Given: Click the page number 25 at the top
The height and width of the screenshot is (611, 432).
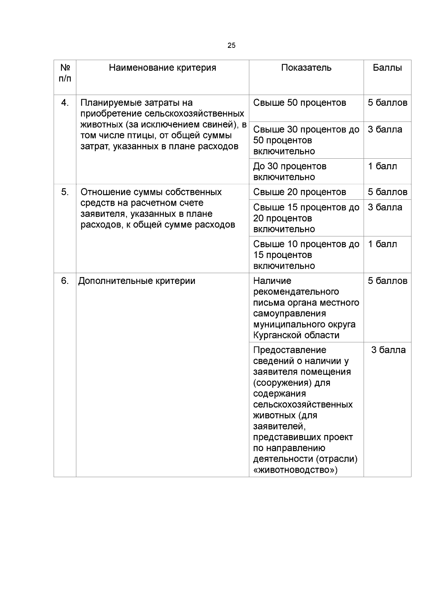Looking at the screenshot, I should [231, 45].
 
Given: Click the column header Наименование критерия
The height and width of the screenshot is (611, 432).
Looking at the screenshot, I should [162, 68].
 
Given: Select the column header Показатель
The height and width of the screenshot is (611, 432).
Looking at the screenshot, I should [306, 68].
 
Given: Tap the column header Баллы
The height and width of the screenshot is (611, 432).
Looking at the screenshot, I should [387, 68].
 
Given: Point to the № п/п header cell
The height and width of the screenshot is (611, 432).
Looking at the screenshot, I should [65, 73].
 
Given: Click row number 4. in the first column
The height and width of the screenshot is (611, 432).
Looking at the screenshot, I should [65, 103].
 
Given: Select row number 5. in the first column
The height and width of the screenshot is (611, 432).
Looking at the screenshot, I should [65, 192].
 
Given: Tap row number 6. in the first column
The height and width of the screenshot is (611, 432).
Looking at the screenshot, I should [65, 281].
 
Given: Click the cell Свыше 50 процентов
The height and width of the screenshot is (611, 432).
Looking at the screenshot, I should [300, 103].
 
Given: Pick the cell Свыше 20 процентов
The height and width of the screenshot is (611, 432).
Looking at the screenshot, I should [300, 192].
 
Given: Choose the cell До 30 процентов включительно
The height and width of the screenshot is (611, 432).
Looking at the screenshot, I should [290, 172].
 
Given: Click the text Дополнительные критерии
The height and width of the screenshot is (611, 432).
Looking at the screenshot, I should [137, 281].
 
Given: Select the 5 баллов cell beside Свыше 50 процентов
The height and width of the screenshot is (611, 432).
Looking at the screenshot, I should [387, 103].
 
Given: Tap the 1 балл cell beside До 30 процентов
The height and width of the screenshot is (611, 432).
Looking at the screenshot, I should [382, 166].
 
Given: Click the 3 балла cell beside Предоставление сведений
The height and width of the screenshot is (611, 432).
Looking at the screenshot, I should [388, 350].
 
